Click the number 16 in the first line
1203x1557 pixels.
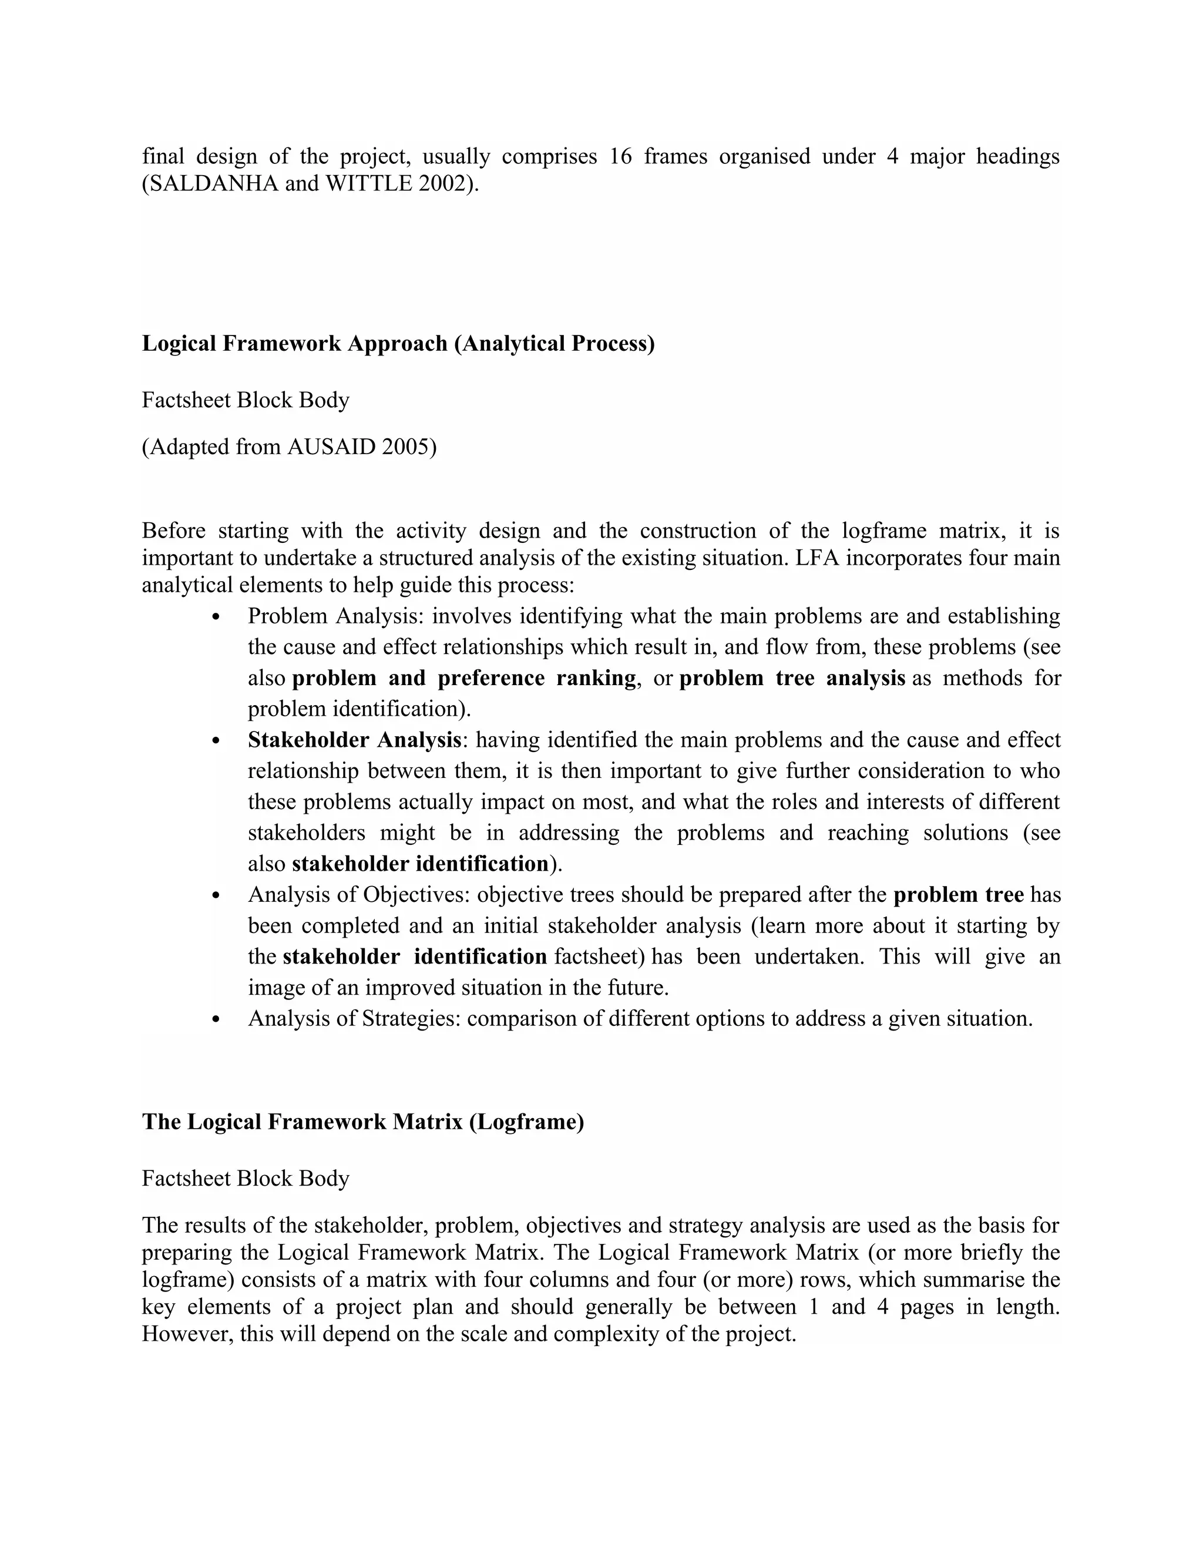(x=621, y=156)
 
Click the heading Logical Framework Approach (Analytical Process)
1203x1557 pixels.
(x=398, y=343)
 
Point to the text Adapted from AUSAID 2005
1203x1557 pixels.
(x=288, y=447)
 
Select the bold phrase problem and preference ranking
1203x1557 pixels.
(x=464, y=678)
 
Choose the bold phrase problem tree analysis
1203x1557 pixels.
(x=792, y=678)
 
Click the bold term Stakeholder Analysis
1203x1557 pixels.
(x=354, y=740)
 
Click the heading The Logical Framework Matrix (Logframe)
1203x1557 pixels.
(x=363, y=1122)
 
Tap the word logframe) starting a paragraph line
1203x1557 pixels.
(x=187, y=1280)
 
